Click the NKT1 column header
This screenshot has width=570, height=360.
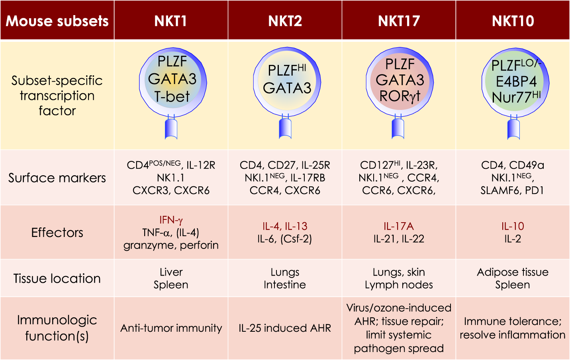(x=171, y=21)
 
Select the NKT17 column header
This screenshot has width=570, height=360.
(x=399, y=21)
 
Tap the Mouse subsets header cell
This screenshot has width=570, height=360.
(x=57, y=21)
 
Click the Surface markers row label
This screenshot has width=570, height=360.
(x=57, y=178)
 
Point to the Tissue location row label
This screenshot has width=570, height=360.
(x=57, y=278)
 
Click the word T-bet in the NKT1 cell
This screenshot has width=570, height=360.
(x=172, y=96)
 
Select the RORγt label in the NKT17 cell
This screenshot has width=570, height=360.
(x=400, y=96)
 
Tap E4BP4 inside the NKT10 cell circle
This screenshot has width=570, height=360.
(x=516, y=82)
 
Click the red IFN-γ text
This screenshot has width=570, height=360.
(x=171, y=220)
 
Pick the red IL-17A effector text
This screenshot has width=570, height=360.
(x=399, y=226)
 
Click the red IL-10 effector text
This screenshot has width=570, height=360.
(x=513, y=226)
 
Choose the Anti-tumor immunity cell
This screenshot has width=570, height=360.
(x=171, y=328)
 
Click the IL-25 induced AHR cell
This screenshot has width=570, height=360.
(x=285, y=328)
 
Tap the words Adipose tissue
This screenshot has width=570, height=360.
(x=513, y=272)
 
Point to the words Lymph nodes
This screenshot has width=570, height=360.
(x=399, y=285)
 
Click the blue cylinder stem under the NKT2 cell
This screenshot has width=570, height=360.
(x=285, y=129)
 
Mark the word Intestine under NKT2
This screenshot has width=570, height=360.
(x=285, y=285)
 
